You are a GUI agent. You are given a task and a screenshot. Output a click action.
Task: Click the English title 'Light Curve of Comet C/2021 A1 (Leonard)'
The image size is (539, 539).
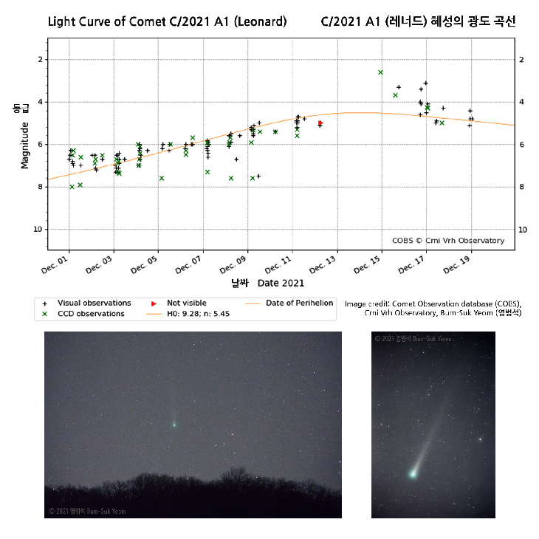[167, 21]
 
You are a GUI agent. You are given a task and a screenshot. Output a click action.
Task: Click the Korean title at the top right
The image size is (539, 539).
[418, 21]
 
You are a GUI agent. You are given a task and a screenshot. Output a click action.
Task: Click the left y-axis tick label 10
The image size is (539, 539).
[39, 230]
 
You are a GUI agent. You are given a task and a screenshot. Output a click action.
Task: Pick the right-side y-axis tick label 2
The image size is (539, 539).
[521, 60]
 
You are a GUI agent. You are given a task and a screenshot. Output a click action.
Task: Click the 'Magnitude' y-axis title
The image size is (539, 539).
[24, 145]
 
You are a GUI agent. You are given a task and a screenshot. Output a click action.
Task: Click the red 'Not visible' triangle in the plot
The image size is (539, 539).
[320, 123]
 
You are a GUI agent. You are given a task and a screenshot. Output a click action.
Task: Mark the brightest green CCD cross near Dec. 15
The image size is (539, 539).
[380, 72]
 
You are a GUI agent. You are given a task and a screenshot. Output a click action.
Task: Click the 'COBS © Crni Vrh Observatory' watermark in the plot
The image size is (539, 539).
[448, 241]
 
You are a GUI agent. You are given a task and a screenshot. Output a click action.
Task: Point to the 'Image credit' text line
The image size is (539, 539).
[433, 303]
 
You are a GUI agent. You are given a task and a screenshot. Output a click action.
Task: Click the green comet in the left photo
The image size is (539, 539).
[174, 424]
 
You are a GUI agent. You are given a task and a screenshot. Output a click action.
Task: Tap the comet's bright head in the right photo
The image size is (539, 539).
[412, 473]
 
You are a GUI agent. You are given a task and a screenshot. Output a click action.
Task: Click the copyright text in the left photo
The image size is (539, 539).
[88, 511]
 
